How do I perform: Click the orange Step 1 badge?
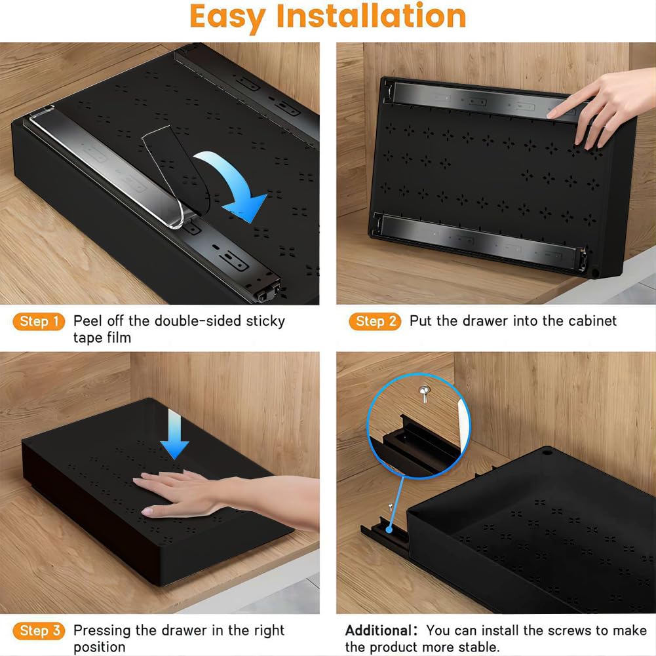(39, 321)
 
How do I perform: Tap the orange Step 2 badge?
(375, 321)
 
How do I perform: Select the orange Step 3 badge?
(39, 631)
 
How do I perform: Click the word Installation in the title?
(371, 17)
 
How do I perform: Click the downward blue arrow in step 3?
(174, 434)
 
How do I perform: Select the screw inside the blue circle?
(424, 393)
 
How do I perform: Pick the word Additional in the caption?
(379, 630)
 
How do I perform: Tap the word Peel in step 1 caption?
(87, 321)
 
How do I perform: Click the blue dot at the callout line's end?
(389, 530)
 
